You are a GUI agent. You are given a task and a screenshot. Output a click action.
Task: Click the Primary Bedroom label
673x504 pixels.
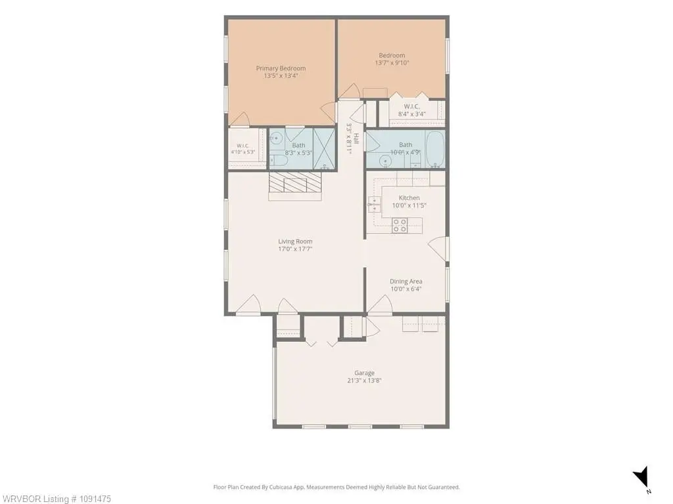click(281, 68)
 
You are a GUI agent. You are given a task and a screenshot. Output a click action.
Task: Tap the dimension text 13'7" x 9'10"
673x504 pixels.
click(392, 62)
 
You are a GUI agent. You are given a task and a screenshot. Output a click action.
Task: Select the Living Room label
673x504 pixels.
click(295, 241)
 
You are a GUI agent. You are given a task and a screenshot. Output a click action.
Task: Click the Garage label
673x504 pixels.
click(364, 373)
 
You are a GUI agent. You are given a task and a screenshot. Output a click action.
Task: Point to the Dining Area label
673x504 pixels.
click(406, 281)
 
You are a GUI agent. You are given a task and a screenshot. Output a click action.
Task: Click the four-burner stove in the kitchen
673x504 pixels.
click(400, 226)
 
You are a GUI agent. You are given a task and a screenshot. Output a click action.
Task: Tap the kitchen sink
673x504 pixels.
click(374, 205)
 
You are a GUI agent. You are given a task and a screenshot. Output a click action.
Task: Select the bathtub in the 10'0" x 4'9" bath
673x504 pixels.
click(435, 149)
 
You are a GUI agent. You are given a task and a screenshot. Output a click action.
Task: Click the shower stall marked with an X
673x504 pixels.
click(324, 149)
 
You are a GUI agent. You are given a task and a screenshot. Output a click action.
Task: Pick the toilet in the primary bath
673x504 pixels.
click(279, 161)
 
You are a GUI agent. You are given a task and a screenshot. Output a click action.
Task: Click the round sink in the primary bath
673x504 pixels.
click(277, 138)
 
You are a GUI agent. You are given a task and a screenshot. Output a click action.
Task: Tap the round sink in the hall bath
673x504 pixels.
click(385, 161)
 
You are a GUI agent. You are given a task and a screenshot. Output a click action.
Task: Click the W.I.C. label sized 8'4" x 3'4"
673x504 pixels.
click(411, 106)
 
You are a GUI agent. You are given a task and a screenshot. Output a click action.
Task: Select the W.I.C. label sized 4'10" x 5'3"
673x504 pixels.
click(243, 146)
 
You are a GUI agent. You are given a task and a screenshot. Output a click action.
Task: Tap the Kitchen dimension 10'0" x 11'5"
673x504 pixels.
click(409, 205)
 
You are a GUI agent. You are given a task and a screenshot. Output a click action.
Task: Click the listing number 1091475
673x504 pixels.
click(91, 499)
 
